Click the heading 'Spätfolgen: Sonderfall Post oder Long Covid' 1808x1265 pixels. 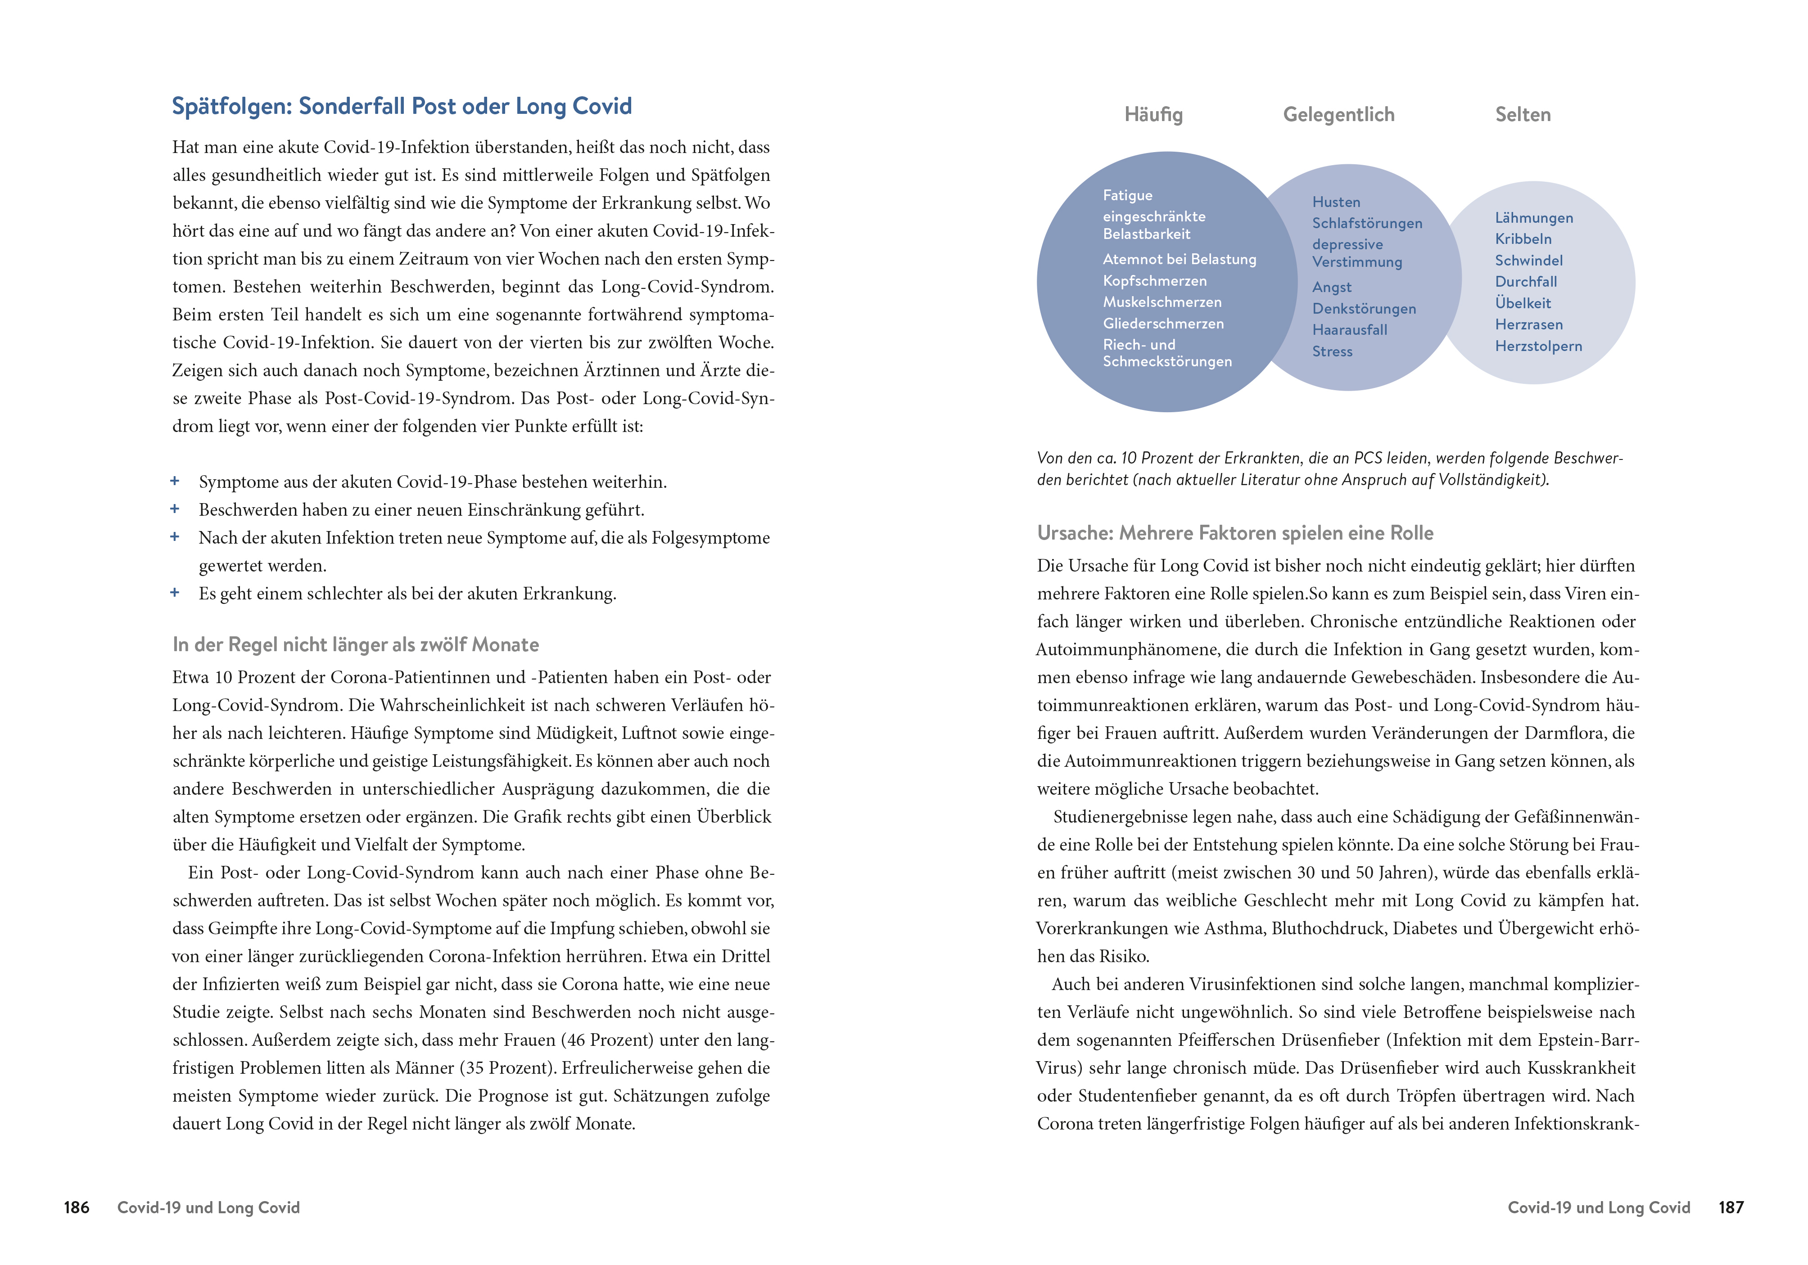[402, 106]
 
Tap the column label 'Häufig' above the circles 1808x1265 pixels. [1153, 115]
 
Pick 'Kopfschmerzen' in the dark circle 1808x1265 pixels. [1154, 281]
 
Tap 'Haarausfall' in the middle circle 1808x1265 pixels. [1350, 330]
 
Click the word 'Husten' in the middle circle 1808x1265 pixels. [1336, 203]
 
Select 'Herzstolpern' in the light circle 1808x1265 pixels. [1538, 347]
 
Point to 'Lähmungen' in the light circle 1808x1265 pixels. [1534, 218]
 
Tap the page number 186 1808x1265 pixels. [77, 1207]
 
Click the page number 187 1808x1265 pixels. [1731, 1207]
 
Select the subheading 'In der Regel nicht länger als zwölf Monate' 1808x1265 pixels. [355, 645]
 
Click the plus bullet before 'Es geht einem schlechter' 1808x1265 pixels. [175, 593]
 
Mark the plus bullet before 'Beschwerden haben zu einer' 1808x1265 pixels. [175, 509]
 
